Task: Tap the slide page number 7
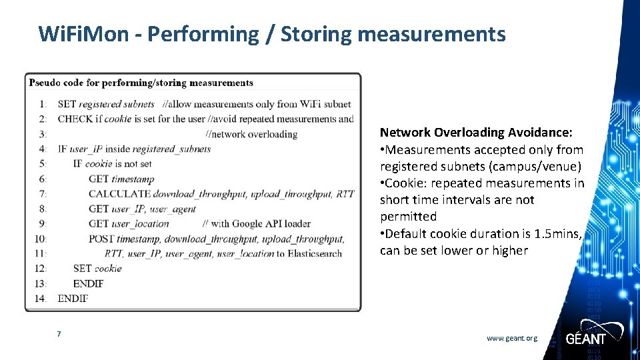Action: tap(59, 333)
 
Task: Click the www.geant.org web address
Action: tap(511, 338)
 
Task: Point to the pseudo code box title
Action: tap(141, 83)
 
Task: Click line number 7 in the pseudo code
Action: tap(43, 193)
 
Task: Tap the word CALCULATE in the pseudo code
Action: tap(119, 193)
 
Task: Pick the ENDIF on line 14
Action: tap(73, 298)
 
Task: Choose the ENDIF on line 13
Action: tap(88, 283)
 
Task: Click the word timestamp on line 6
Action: tap(133, 179)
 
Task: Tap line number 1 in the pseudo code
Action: tap(43, 104)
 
